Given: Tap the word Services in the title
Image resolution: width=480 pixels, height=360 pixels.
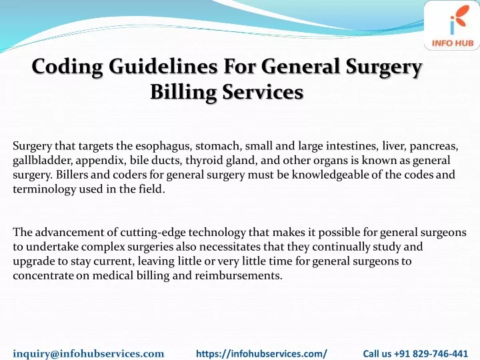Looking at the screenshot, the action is pyautogui.click(x=263, y=92).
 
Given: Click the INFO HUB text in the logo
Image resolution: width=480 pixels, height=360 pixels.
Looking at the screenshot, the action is pyautogui.click(x=453, y=43).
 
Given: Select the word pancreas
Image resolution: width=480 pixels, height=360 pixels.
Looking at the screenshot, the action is pyautogui.click(x=434, y=147).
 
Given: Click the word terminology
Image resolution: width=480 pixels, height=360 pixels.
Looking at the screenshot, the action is pyautogui.click(x=45, y=189).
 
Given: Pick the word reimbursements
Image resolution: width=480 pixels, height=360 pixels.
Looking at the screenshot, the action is pyautogui.click(x=239, y=275).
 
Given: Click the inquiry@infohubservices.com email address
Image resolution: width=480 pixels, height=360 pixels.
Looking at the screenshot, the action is pyautogui.click(x=89, y=353).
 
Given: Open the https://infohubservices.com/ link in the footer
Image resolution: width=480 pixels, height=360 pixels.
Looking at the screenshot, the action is pyautogui.click(x=262, y=354).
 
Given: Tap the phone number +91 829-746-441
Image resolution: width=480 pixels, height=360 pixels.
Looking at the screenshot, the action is pyautogui.click(x=431, y=354).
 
